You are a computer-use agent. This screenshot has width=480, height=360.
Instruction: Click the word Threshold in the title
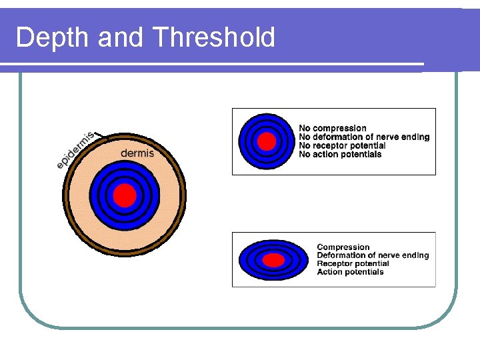click(213, 38)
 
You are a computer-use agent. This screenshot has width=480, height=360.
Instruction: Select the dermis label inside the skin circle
click(137, 153)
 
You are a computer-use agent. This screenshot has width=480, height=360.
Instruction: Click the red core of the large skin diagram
click(125, 195)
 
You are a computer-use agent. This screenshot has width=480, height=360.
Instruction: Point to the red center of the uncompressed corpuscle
click(266, 141)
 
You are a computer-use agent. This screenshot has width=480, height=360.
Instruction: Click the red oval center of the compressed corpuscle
click(273, 259)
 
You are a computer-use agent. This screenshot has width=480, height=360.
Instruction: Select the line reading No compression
click(332, 128)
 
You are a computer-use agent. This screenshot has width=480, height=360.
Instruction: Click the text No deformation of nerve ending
click(364, 137)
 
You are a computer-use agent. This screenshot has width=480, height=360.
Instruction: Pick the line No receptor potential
click(342, 145)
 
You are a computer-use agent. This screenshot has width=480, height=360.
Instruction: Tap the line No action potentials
click(340, 154)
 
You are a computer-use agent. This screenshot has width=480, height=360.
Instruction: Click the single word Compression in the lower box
click(343, 247)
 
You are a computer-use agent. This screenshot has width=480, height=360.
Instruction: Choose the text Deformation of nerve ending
click(373, 255)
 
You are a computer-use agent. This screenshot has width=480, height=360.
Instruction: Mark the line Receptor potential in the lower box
click(353, 263)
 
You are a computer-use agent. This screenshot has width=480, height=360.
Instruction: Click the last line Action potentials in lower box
click(350, 272)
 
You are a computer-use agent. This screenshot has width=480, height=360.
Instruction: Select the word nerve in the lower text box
click(387, 255)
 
